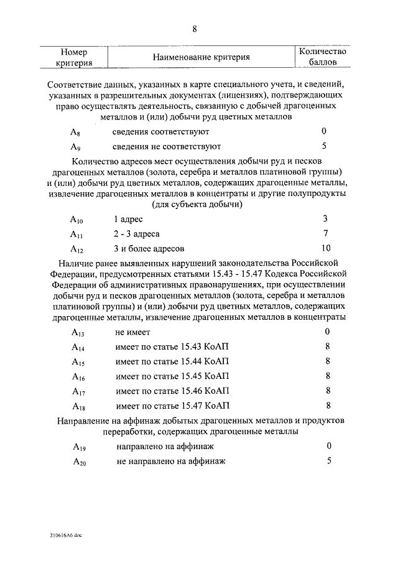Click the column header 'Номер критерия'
(78, 57)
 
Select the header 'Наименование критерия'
(201, 57)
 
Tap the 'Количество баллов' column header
(323, 57)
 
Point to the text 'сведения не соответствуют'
(167, 147)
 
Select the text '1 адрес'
(128, 220)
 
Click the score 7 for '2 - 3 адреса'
(326, 234)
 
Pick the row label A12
(76, 250)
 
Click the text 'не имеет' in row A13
(132, 332)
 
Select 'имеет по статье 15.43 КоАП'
(172, 347)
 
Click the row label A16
(78, 377)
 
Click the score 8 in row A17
(327, 391)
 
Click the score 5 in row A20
(329, 461)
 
